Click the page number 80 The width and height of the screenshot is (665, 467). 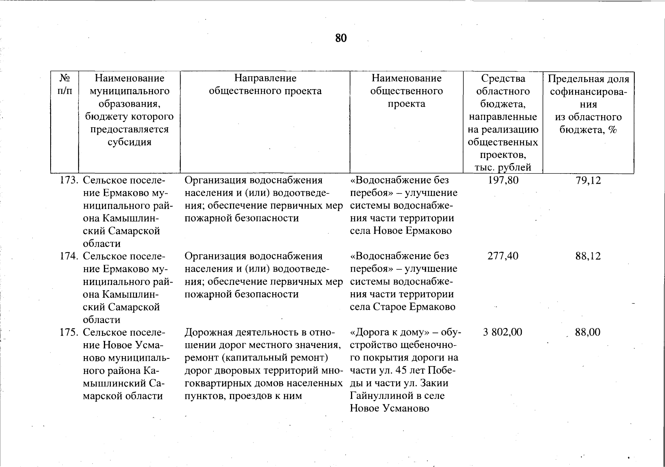[x=340, y=38]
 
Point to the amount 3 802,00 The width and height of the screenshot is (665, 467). [x=502, y=332]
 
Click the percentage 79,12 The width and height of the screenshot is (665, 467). [x=588, y=181]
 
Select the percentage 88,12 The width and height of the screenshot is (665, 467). [x=588, y=256]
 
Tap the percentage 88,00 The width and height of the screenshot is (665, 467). [x=588, y=332]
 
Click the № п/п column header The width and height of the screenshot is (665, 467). [x=65, y=84]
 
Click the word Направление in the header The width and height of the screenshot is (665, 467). [x=265, y=78]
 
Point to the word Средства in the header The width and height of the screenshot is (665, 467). [x=503, y=79]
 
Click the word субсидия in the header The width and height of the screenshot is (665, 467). [x=129, y=142]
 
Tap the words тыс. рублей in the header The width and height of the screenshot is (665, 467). [x=503, y=167]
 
